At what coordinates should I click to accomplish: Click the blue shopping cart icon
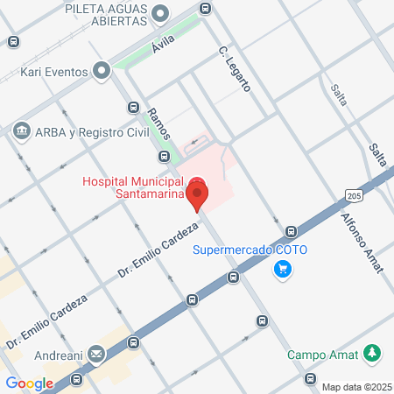coord(282,269)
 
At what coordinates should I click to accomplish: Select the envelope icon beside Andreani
coord(95,355)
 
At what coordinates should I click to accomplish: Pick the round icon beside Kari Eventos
coord(102,68)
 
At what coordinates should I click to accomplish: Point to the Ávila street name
coord(164,42)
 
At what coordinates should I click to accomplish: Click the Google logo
coord(29,383)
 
